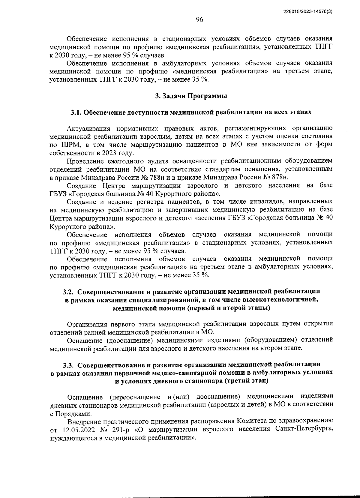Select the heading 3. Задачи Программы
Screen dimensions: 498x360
coord(191,96)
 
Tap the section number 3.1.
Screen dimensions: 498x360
coord(76,112)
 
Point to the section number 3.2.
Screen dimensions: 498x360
coord(68,291)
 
